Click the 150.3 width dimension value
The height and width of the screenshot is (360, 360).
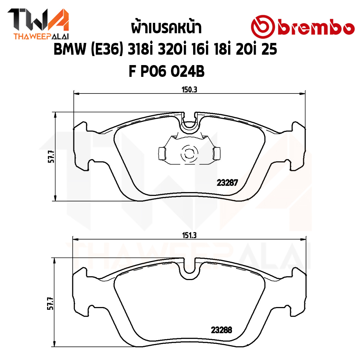[x=189, y=90]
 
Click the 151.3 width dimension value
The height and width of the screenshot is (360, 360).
[x=189, y=235]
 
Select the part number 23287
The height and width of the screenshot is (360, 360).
[x=227, y=182]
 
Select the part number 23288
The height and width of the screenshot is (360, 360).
[x=222, y=330]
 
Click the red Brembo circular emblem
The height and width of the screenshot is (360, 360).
[x=263, y=27]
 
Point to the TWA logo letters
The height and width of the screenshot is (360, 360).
[x=38, y=20]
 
